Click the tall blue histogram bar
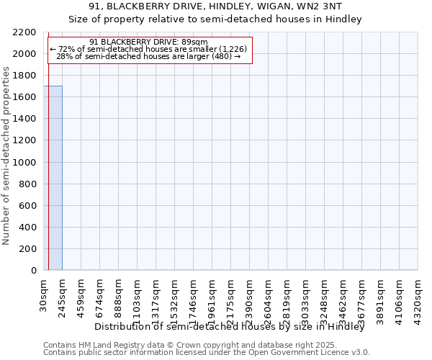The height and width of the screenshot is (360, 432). tap(53, 178)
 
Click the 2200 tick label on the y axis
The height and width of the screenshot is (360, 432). tap(24, 32)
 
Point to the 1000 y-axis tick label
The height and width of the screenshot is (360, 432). tap(24, 163)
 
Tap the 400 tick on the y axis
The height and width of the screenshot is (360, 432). tap(27, 228)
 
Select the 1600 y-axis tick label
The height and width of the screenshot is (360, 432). tap(24, 97)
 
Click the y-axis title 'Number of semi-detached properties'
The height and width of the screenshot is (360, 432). tap(7, 156)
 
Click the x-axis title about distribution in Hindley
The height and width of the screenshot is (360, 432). tap(230, 327)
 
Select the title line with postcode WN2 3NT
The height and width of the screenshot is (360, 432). tap(215, 7)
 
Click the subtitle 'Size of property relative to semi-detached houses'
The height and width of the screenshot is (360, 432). tap(215, 19)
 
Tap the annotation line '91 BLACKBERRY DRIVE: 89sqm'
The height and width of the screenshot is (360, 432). tap(150, 42)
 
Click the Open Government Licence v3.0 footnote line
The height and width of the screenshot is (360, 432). tap(207, 353)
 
